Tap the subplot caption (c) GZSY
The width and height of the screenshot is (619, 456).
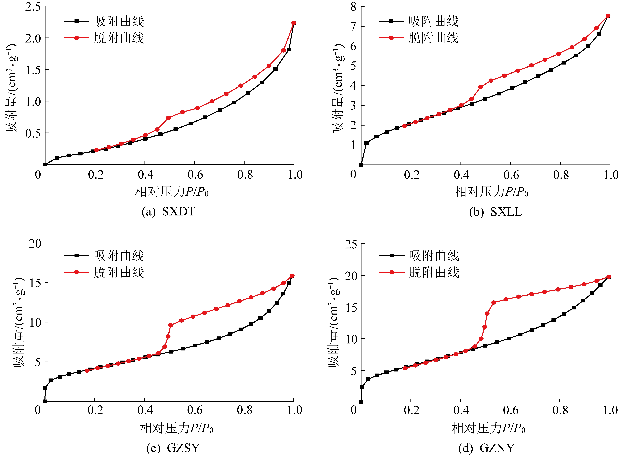click(173, 448)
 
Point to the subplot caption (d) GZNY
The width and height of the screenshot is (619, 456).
click(486, 448)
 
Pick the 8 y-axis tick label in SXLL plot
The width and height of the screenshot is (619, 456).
click(353, 7)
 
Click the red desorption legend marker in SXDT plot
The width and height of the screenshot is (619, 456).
click(77, 38)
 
